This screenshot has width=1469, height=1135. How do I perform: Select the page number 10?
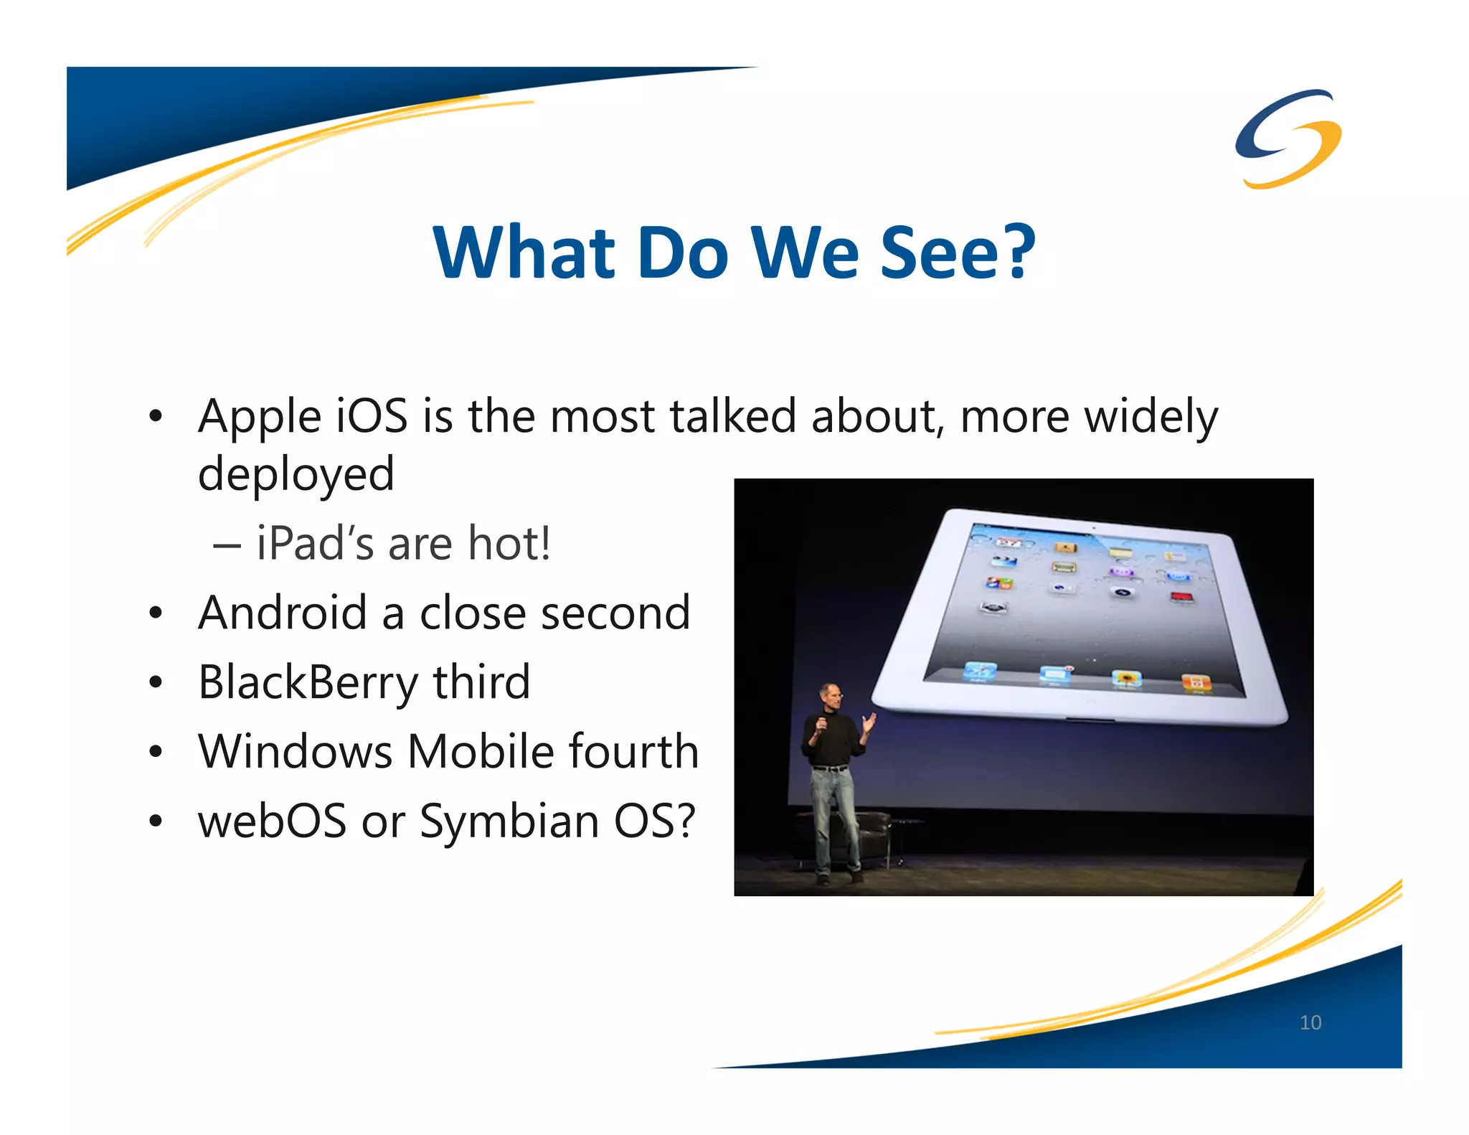[x=1310, y=1022]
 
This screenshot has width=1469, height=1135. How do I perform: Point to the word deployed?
[x=296, y=475]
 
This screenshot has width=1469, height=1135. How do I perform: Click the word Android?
[x=283, y=613]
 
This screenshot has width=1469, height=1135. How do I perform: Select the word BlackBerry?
[x=308, y=682]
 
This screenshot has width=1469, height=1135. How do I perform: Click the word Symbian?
[x=509, y=821]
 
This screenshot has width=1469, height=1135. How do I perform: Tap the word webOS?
[x=273, y=821]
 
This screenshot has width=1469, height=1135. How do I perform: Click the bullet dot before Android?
[x=156, y=614]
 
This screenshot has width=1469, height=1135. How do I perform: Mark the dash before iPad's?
[x=227, y=545]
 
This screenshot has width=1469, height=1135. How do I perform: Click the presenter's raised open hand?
[x=869, y=721]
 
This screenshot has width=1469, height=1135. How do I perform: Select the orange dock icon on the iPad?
[x=1196, y=682]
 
